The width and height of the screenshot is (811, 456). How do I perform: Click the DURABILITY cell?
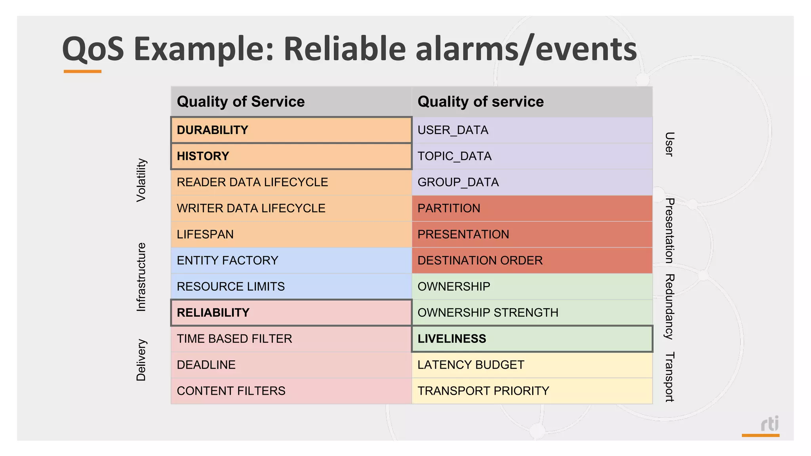pos(291,130)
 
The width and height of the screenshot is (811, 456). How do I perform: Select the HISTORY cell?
pos(291,156)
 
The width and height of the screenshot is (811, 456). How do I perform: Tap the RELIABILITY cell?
pos(291,312)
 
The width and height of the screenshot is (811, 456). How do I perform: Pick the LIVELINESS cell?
pos(532,338)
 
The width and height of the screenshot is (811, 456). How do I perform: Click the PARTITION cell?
pos(532,208)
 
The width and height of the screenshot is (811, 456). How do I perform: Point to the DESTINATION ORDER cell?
pos(532,260)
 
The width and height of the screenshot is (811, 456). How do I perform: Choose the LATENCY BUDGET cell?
pos(532,365)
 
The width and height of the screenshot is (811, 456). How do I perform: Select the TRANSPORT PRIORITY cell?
pos(532,391)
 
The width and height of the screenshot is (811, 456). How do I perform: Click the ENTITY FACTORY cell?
pos(291,260)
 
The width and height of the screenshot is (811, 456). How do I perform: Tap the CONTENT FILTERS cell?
pos(291,391)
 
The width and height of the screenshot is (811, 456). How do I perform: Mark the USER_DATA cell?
pos(532,130)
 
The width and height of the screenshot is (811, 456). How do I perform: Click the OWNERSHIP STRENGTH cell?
pos(532,312)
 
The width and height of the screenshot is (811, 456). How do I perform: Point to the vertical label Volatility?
pos(141,180)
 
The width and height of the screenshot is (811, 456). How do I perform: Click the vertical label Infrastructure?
pos(141,277)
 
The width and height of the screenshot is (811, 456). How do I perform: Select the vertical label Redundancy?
pos(669,307)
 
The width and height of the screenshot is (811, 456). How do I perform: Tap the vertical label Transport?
pos(669,377)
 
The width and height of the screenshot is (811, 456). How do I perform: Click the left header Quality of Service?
pos(241,102)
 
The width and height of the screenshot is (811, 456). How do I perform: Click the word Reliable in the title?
pos(345,49)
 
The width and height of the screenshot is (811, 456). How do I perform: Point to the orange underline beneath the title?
pos(82,72)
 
